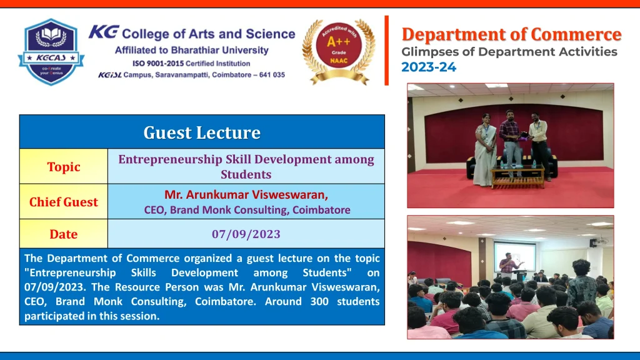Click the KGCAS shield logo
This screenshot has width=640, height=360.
[51, 52]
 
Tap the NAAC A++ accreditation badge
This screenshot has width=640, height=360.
[339, 51]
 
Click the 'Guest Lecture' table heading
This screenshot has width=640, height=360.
[202, 132]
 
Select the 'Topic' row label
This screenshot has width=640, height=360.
[64, 167]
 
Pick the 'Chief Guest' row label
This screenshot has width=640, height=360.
[64, 202]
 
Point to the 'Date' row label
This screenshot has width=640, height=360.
[64, 234]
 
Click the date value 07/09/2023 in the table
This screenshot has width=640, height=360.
[246, 234]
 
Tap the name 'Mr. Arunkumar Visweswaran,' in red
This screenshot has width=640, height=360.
[246, 195]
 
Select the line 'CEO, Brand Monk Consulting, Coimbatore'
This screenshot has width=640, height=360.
[247, 210]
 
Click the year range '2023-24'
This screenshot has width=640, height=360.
[429, 67]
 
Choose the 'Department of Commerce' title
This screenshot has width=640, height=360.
[511, 35]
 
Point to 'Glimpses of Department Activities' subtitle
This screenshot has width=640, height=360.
[509, 52]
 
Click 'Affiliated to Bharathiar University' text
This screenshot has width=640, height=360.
[192, 50]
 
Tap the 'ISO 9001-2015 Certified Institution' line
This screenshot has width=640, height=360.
[191, 64]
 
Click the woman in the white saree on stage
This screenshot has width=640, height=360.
[485, 150]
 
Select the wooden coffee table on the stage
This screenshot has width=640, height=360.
[518, 177]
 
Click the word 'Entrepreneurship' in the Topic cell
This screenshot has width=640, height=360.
[170, 159]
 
